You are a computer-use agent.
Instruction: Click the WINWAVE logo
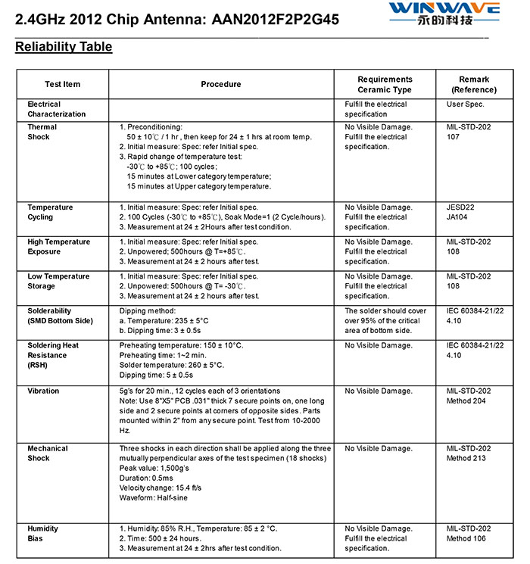(x=444, y=13)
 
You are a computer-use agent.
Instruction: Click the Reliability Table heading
(x=64, y=47)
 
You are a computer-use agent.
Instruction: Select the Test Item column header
(x=62, y=84)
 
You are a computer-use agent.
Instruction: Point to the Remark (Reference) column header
(x=474, y=84)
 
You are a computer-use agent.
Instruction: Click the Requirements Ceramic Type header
(x=385, y=84)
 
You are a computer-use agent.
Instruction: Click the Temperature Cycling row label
(x=50, y=212)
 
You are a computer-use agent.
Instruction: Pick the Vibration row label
(x=44, y=391)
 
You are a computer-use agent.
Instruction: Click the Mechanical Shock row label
(x=48, y=453)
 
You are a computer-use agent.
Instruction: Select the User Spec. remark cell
(x=465, y=104)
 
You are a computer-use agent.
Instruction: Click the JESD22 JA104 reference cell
(x=461, y=212)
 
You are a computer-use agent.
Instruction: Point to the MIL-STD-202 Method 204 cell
(x=469, y=396)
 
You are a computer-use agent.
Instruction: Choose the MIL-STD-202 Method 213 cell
(x=469, y=453)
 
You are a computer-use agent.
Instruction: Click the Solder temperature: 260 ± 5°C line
(x=172, y=365)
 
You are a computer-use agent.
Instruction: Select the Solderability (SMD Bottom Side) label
(x=60, y=316)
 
